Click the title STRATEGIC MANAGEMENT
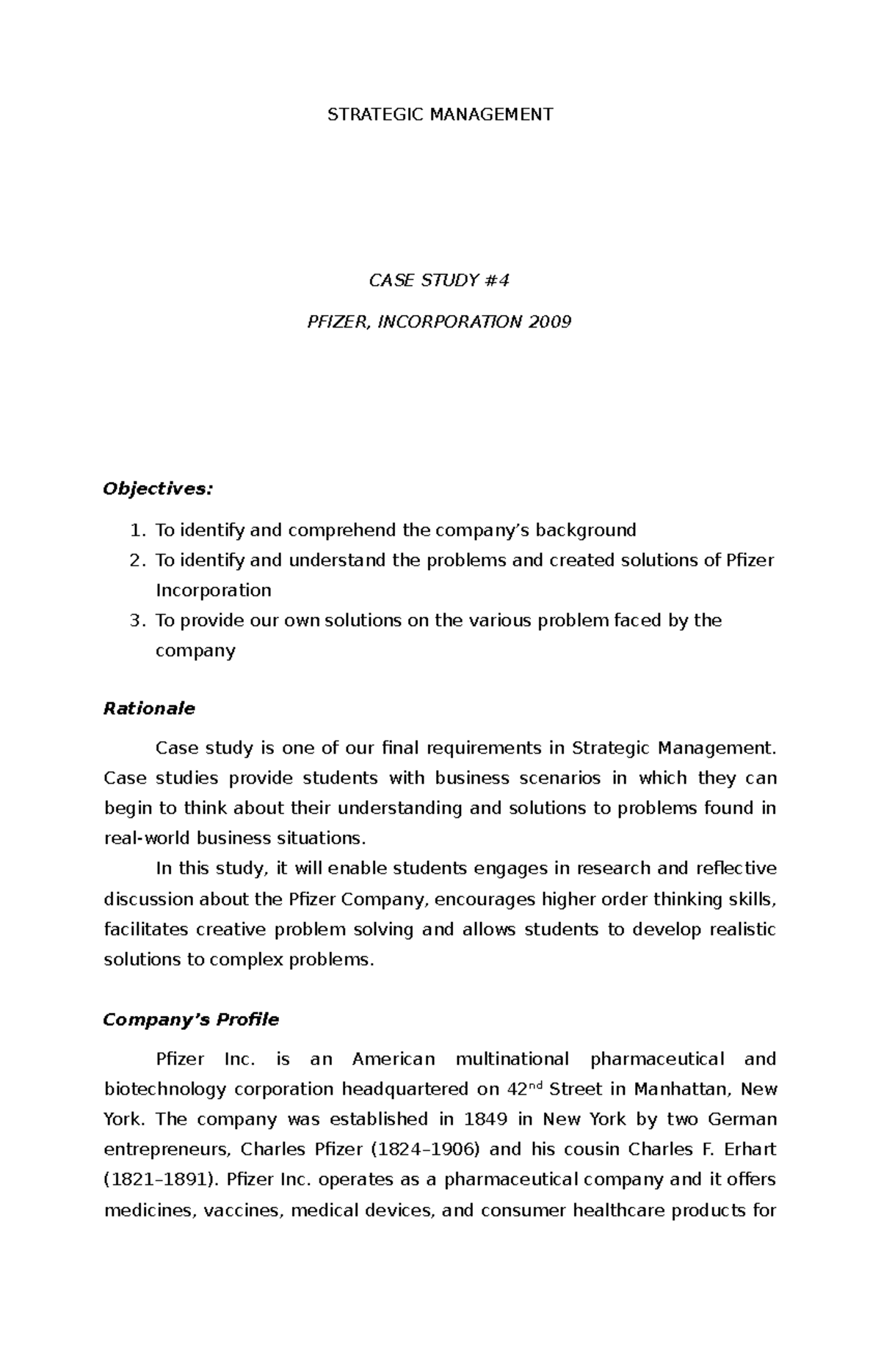pos(440,115)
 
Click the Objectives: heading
pos(158,489)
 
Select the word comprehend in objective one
pos(336,530)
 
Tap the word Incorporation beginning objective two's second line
pos(213,591)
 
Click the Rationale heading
pos(149,709)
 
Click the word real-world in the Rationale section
pos(147,839)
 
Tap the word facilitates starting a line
pos(145,930)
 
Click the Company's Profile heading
pos(191,1020)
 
